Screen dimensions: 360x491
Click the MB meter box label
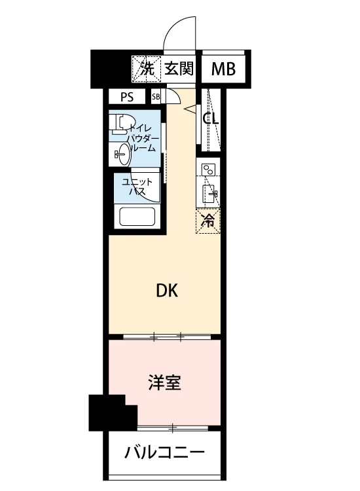(223, 69)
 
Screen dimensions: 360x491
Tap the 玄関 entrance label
(179, 68)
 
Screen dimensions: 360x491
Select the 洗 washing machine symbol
(146, 69)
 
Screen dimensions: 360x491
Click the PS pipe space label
(127, 97)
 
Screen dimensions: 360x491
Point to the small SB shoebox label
(156, 97)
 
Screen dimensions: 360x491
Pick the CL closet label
(211, 118)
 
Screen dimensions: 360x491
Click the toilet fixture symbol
(122, 124)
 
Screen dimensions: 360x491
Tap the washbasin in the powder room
(122, 154)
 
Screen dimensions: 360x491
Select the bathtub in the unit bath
(137, 217)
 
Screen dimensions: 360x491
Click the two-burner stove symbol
(208, 170)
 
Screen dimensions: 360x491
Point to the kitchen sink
(209, 194)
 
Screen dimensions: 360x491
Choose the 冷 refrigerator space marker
(208, 221)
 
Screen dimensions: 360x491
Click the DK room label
(167, 291)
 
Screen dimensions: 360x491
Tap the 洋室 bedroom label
(165, 383)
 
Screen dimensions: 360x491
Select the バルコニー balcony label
(164, 452)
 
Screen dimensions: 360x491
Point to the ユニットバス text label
(137, 186)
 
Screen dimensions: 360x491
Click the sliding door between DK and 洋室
(167, 337)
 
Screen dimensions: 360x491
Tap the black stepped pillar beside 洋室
(113, 412)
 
